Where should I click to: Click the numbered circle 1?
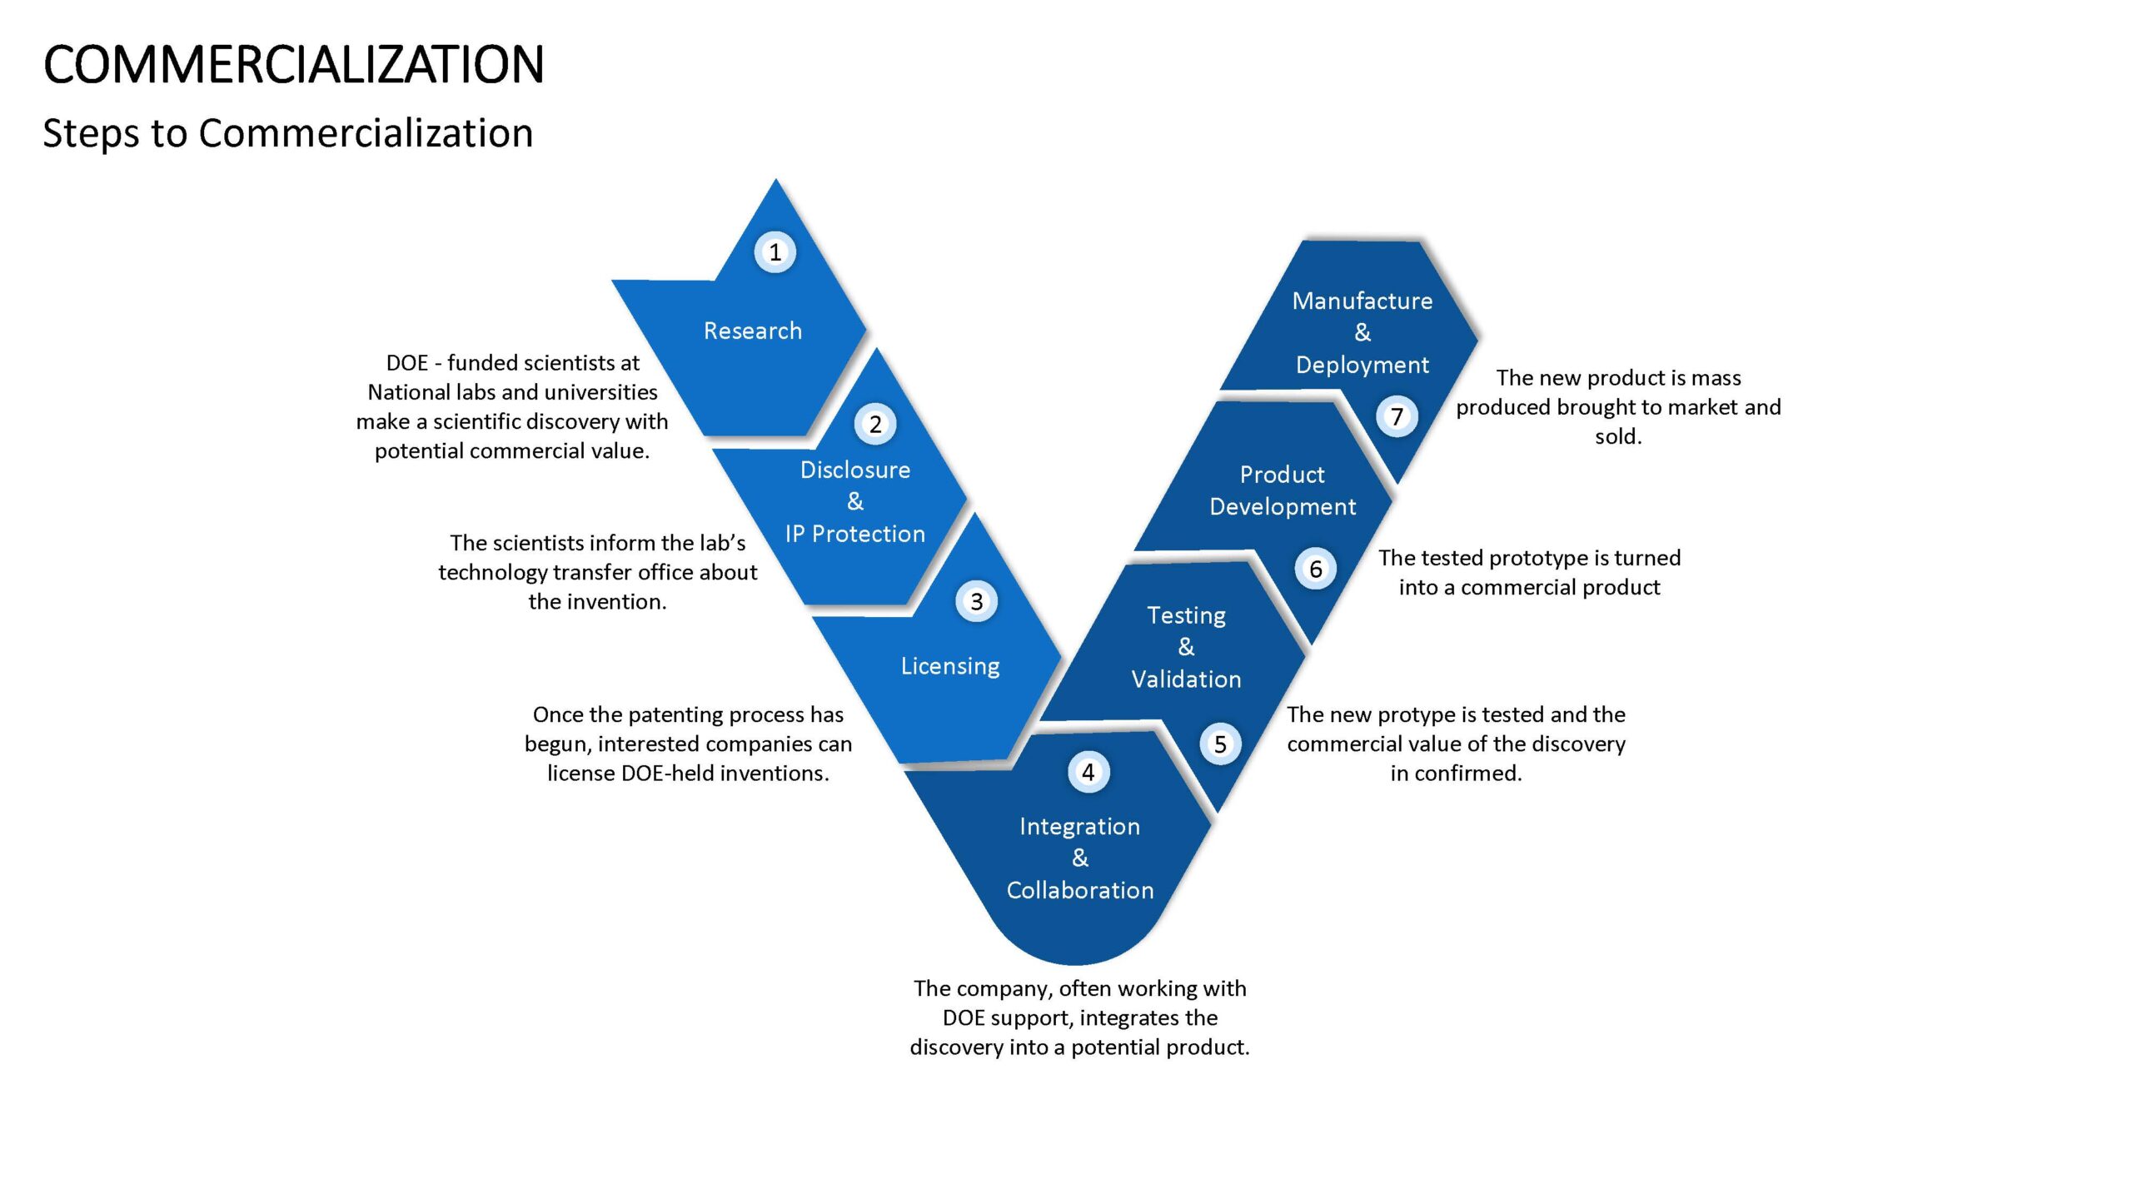775,251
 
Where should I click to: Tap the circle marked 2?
875,424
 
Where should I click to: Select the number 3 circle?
976,601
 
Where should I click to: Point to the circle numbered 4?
1088,772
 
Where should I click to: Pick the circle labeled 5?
1220,744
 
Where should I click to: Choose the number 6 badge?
1315,569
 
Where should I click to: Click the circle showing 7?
1397,416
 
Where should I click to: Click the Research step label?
753,331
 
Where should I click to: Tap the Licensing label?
950,666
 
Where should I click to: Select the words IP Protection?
855,534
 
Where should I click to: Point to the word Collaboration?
1080,890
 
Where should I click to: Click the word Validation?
1186,679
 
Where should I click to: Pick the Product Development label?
1283,490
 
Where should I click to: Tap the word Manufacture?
1362,301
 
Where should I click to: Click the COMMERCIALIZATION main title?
293,65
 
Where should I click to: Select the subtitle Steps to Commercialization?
288,133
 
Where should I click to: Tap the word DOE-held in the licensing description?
667,774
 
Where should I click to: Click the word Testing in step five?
1186,616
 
